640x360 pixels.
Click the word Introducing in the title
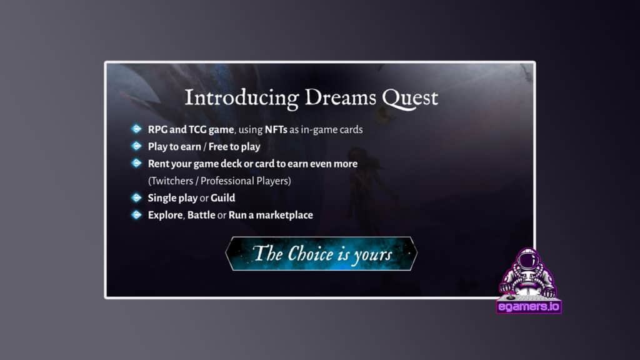pyautogui.click(x=242, y=98)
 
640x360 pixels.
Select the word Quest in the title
pyautogui.click(x=410, y=99)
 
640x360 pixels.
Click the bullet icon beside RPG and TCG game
pyautogui.click(x=136, y=129)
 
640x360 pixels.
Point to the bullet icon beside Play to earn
pyautogui.click(x=136, y=146)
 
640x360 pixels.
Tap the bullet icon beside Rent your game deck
pyautogui.click(x=136, y=163)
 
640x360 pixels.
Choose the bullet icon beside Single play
pyautogui.click(x=136, y=198)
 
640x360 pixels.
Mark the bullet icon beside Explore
pyautogui.click(x=136, y=215)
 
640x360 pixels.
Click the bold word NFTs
pyautogui.click(x=276, y=129)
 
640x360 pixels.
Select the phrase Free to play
pyautogui.click(x=234, y=146)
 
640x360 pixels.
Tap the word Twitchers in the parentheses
pyautogui.click(x=171, y=181)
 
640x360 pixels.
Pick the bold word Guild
pyautogui.click(x=223, y=198)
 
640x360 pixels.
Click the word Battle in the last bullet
pyautogui.click(x=201, y=215)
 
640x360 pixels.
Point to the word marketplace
pyautogui.click(x=284, y=215)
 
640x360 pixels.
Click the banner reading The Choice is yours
pyautogui.click(x=321, y=254)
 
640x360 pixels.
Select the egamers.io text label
pyautogui.click(x=529, y=306)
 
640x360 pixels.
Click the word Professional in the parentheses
pyautogui.click(x=226, y=181)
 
